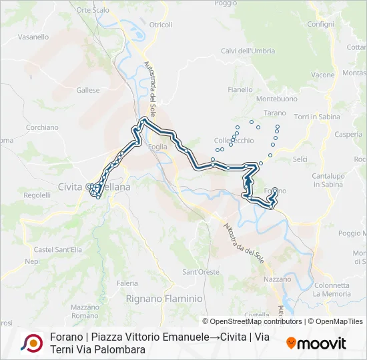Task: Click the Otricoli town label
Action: (160, 25)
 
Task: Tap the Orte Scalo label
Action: (93, 11)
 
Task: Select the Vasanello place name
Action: (33, 37)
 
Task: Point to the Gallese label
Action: (88, 90)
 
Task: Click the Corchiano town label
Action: (42, 127)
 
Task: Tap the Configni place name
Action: (321, 24)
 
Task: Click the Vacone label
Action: (323, 75)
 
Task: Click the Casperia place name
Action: (348, 134)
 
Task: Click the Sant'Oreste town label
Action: (200, 272)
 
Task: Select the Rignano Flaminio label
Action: (164, 299)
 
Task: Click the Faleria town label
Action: (127, 283)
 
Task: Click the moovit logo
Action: (316, 343)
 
